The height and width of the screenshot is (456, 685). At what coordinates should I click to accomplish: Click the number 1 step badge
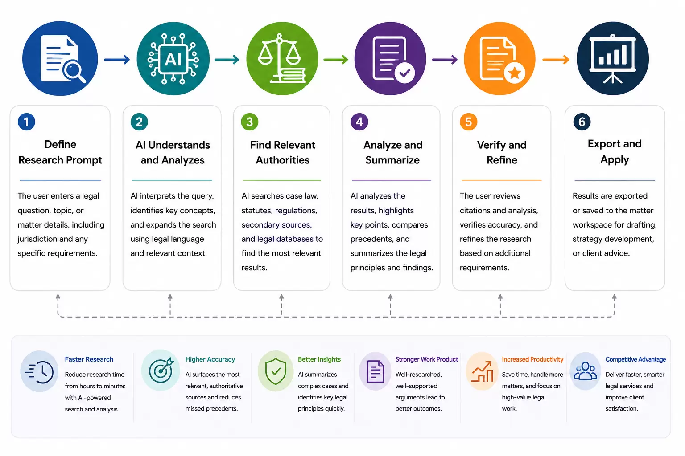(x=26, y=122)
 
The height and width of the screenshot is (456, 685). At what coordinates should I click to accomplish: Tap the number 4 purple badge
(x=359, y=122)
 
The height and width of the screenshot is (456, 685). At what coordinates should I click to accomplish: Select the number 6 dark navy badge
(x=582, y=122)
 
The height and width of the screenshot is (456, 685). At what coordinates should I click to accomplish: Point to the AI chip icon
(x=173, y=59)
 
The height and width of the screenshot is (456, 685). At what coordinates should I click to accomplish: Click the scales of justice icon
(x=281, y=58)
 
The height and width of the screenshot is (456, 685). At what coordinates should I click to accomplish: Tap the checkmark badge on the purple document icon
(x=404, y=73)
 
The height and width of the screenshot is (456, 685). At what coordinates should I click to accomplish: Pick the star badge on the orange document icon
(x=514, y=73)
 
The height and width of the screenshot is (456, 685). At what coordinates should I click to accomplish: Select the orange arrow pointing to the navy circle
(x=556, y=59)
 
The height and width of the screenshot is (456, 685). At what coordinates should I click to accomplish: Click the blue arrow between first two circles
(x=117, y=59)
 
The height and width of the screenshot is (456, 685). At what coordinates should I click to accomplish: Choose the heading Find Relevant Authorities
(x=283, y=152)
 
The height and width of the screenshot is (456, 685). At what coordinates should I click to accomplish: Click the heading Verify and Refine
(x=502, y=152)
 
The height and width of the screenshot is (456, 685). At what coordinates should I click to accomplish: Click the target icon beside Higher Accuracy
(x=161, y=370)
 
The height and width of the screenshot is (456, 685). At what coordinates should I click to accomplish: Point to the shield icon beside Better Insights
(x=276, y=371)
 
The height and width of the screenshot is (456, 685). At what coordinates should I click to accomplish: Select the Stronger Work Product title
(x=427, y=359)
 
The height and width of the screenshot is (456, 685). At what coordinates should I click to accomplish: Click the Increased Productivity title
(x=532, y=359)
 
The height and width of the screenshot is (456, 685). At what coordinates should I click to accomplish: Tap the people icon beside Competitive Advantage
(x=585, y=371)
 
